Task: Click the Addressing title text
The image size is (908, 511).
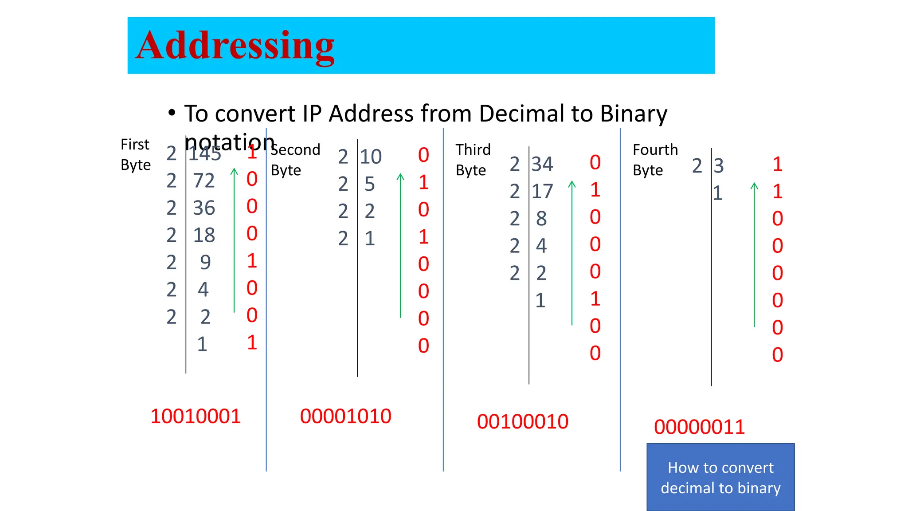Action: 235,46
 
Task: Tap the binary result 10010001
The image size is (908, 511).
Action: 196,416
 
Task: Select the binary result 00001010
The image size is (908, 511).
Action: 345,416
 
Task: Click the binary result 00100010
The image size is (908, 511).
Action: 522,421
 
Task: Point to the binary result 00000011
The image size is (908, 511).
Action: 699,427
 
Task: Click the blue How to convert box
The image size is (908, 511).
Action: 720,477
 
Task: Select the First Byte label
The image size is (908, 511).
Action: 136,154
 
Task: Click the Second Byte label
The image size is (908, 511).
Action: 295,160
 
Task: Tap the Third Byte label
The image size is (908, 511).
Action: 473,160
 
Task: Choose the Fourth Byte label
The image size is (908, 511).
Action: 655,160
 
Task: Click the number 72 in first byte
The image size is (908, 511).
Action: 204,181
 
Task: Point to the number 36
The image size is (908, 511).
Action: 204,208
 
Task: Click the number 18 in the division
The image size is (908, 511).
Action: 204,235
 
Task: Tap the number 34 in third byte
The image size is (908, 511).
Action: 542,165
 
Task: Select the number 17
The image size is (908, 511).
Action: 542,192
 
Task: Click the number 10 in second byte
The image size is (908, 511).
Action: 371,157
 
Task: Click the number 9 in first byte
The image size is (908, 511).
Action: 205,263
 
